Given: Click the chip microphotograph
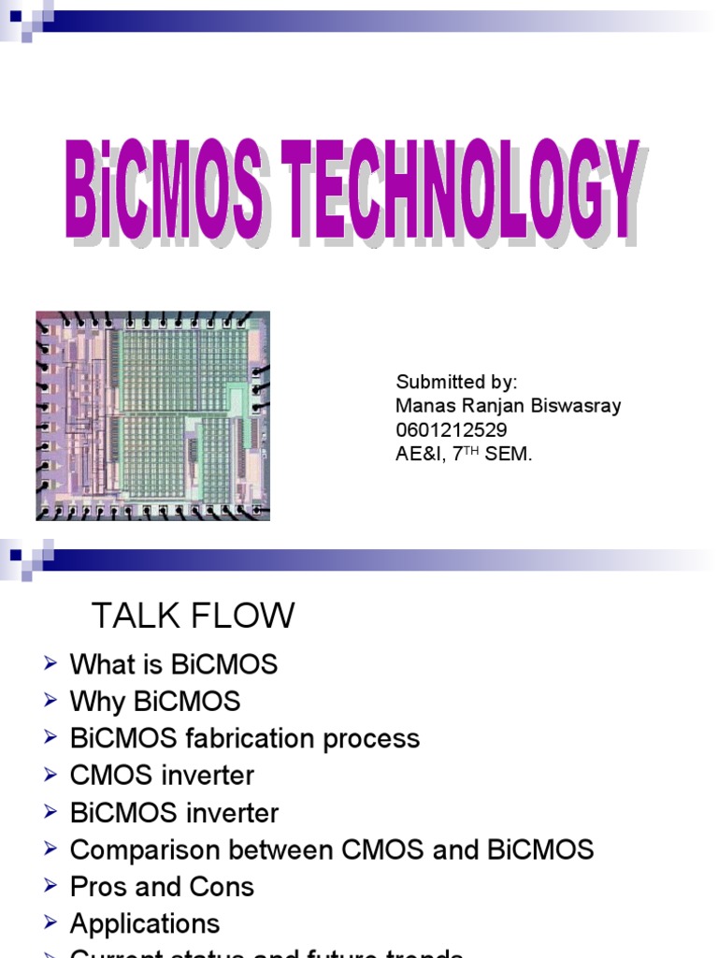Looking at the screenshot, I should point(152,415).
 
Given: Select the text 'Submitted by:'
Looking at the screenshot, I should point(456,382).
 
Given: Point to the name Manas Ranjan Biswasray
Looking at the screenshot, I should point(509,406).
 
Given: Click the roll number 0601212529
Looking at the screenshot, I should point(452,430).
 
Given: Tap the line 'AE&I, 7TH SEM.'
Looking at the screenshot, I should point(465,455).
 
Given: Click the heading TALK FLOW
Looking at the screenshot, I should point(193,616).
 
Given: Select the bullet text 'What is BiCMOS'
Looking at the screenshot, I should point(174,665).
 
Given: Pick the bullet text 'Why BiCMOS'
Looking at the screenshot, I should point(155,702).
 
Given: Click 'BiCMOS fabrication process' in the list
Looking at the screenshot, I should point(245,739).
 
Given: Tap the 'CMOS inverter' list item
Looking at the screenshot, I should point(162,776).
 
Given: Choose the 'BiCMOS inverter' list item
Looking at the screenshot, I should point(174,813).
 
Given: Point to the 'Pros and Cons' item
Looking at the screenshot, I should point(162,887).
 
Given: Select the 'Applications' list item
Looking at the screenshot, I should point(145,924).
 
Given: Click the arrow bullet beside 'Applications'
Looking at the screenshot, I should point(50,922).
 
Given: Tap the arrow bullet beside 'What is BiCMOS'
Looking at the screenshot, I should point(50,663).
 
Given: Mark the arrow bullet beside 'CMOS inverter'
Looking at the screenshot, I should point(50,774).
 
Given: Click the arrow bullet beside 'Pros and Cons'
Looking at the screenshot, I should point(50,885).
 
